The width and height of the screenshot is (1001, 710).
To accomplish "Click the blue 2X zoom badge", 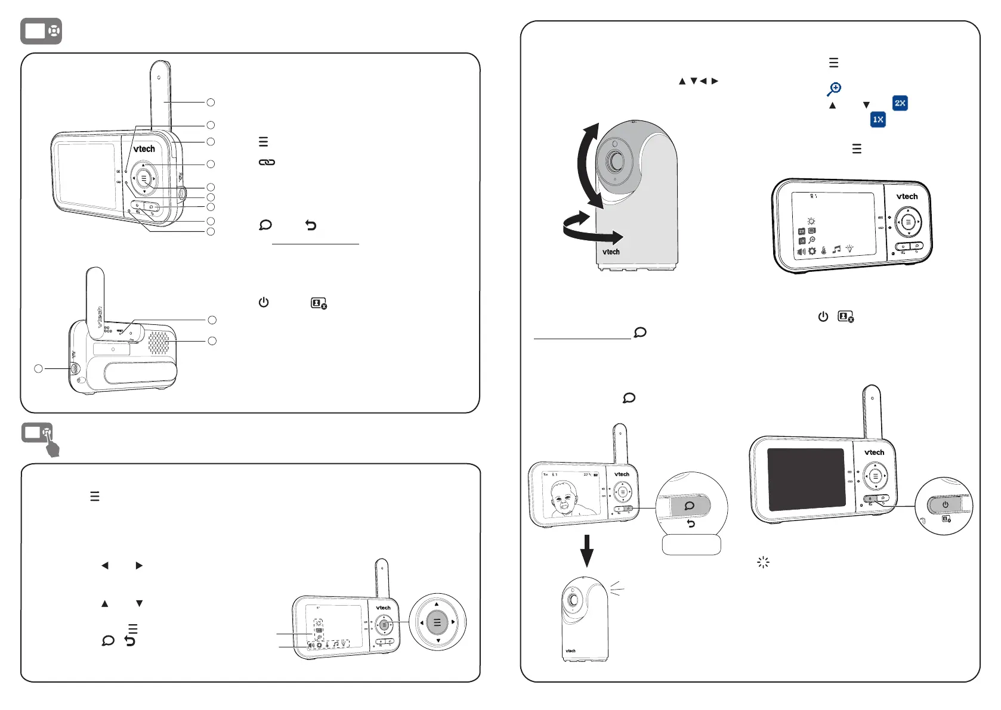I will pos(900,103).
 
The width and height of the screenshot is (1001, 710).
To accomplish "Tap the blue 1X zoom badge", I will pos(878,119).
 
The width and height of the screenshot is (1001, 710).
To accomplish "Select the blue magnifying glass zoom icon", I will pos(834,89).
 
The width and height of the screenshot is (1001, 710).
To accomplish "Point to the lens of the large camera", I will pos(614,161).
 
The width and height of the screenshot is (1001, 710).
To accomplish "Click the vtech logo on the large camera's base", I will pos(611,252).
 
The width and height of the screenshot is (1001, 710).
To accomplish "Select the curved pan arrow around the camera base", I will pos(591,230).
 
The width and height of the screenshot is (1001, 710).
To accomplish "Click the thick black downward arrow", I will pos(587,550).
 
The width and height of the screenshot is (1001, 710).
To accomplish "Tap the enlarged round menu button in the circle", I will pos(437,622).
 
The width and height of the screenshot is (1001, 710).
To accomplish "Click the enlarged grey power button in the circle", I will pos(945,505).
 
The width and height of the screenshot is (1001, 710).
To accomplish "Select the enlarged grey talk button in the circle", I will pos(690,506).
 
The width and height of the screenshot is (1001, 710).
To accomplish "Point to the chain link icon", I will pos(267,162).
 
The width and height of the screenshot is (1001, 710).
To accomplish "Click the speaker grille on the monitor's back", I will pos(158,342).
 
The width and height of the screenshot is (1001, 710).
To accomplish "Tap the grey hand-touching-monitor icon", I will pos(41,438).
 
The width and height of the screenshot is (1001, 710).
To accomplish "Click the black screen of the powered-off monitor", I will pos(805,479).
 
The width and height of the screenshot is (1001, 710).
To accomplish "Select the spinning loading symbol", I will pos(763,562).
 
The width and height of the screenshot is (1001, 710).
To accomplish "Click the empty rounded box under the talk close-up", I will pos(691,545).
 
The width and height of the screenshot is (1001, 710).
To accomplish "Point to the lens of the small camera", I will pos(573,600).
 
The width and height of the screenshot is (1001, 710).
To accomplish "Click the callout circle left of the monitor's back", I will pos(38,368).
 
